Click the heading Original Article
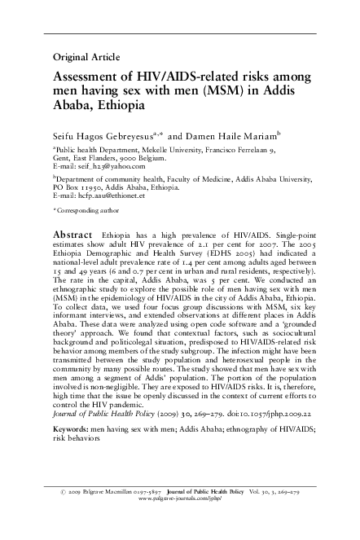(86, 57)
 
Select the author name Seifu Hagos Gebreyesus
(106, 130)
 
